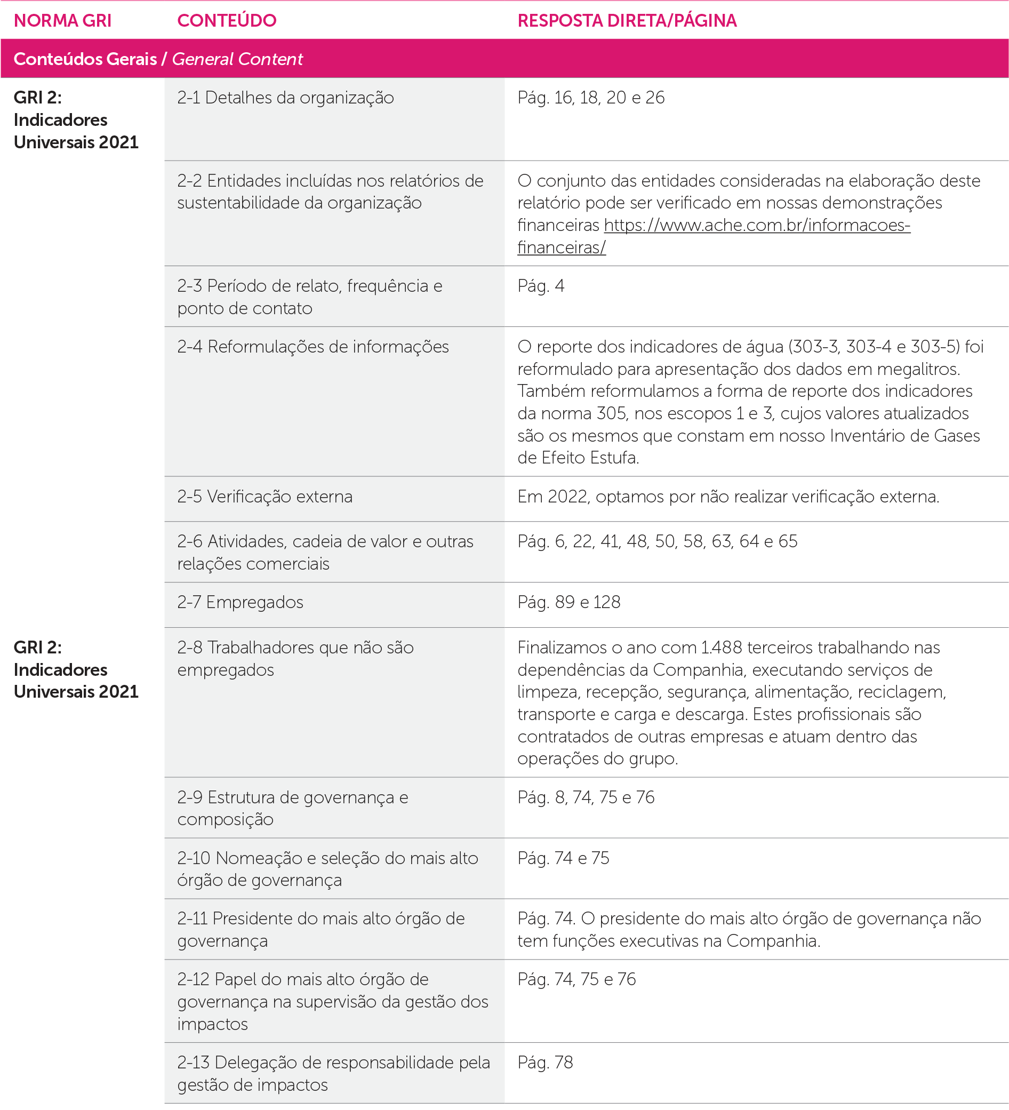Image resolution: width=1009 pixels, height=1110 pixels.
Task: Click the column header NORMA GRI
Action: click(62, 21)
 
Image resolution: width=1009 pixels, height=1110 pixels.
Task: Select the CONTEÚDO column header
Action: click(226, 21)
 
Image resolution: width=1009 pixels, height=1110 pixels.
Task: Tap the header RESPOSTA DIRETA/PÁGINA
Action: click(627, 21)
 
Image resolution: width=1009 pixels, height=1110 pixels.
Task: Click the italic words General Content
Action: click(237, 59)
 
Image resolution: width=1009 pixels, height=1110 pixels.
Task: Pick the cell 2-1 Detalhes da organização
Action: click(285, 98)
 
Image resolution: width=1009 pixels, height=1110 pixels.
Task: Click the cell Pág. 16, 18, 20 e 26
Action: click(591, 98)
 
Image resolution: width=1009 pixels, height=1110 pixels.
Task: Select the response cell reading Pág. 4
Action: click(541, 286)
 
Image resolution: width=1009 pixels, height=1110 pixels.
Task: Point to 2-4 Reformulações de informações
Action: click(313, 347)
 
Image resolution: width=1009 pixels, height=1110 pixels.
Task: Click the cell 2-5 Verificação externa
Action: click(264, 497)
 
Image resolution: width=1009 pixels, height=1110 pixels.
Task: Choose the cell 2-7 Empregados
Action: click(240, 602)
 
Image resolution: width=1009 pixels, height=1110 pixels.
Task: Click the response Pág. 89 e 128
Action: click(568, 602)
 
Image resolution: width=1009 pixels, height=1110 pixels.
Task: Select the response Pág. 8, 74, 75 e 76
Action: click(586, 797)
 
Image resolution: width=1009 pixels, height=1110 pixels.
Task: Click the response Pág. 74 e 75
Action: click(563, 858)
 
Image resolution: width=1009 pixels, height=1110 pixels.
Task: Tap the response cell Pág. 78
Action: click(545, 1062)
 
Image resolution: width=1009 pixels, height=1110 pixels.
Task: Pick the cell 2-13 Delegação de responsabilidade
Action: click(333, 1073)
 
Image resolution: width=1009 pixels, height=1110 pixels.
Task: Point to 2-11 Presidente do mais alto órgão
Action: click(321, 929)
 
